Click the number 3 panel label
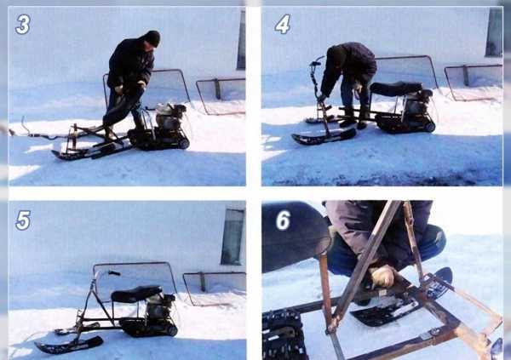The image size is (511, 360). (x=23, y=25)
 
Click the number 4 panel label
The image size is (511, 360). (x=283, y=25)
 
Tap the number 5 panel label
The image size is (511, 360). (x=23, y=220)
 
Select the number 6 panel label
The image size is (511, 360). (x=283, y=220)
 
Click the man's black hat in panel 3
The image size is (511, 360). (x=152, y=37)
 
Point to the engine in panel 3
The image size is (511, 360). (x=169, y=117)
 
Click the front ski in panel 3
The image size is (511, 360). (x=88, y=151)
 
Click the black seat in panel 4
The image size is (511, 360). (x=396, y=89)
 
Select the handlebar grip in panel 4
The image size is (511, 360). (x=315, y=62)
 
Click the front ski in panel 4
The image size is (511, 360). (x=324, y=137)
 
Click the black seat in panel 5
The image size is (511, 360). (x=136, y=294)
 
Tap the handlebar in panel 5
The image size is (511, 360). (x=106, y=274)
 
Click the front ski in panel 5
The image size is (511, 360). (x=69, y=346)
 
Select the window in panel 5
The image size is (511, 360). (x=233, y=237)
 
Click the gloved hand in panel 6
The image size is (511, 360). (x=383, y=277)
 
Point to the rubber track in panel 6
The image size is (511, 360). (x=283, y=334)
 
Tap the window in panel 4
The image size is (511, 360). (x=494, y=31)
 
